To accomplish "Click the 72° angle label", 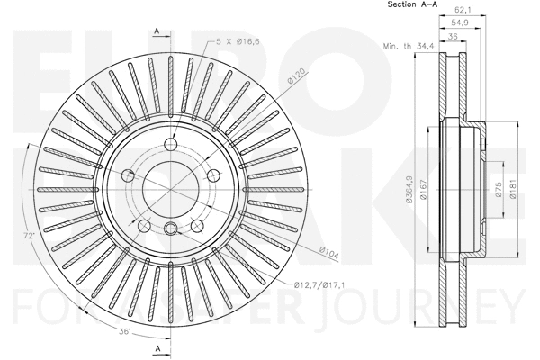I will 29,236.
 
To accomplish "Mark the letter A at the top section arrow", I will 157,31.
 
